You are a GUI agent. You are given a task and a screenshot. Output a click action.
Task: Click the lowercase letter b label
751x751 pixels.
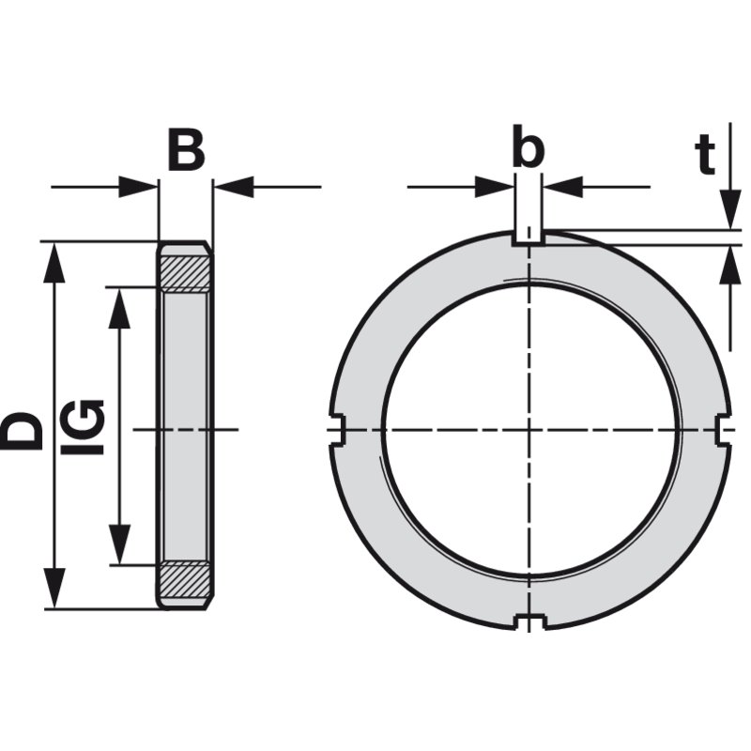529,146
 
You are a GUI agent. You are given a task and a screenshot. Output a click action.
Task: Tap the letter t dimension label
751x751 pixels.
705,153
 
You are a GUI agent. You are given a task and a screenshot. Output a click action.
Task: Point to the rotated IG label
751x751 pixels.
83,426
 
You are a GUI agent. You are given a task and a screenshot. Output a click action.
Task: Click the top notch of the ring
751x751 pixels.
529,238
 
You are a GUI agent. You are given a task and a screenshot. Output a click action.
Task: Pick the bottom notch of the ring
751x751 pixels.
529,621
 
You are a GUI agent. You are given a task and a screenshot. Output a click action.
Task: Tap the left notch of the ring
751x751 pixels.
337,430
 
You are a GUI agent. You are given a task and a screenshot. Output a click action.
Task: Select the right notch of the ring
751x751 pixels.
723,430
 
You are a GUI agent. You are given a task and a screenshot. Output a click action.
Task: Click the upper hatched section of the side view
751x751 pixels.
186,273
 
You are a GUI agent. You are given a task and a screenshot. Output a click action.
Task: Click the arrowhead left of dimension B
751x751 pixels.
137,186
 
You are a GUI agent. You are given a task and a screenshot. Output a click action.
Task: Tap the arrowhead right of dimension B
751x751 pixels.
233,186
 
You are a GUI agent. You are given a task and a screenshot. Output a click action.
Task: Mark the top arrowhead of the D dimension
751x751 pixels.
55,263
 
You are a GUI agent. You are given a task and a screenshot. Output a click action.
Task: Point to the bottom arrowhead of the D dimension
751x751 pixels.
55,588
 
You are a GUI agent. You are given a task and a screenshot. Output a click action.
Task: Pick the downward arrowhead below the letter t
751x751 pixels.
730,209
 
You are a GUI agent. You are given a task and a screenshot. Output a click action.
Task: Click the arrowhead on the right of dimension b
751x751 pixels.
563,186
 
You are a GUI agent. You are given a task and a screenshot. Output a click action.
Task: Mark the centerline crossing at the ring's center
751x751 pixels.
529,430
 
